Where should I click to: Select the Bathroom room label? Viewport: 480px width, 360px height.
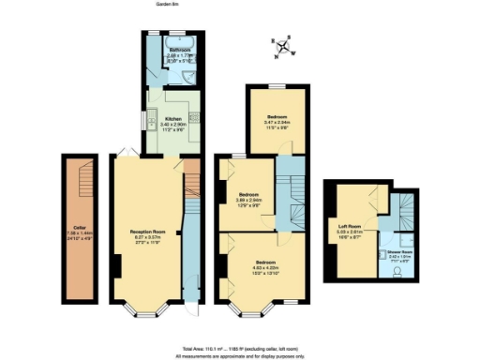[x=179, y=52]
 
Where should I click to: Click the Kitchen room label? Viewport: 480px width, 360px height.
[x=171, y=123]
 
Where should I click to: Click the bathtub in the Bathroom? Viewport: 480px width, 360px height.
[x=178, y=42]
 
